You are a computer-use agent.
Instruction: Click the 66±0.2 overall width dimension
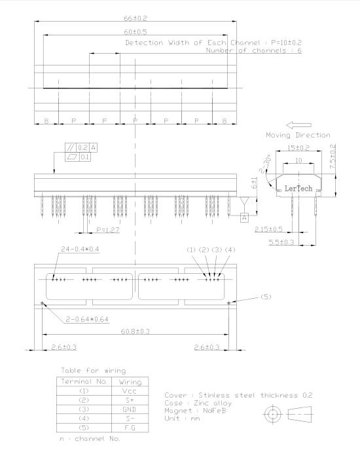pyautogui.click(x=135, y=18)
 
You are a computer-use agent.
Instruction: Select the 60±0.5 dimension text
pyautogui.click(x=135, y=32)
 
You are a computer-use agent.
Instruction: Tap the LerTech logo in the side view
pyautogui.click(x=298, y=189)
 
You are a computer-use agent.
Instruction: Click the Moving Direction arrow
pyautogui.click(x=298, y=125)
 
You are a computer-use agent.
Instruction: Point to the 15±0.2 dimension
pyautogui.click(x=298, y=148)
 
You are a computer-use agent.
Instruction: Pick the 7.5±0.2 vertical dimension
pyautogui.click(x=333, y=157)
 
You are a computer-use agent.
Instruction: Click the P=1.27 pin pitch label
pyautogui.click(x=108, y=230)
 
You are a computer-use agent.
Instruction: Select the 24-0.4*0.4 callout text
pyautogui.click(x=80, y=249)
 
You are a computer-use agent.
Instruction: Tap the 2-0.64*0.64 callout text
pyautogui.click(x=87, y=319)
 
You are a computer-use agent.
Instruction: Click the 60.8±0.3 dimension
pyautogui.click(x=135, y=331)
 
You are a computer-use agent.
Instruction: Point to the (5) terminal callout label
pyautogui.click(x=266, y=297)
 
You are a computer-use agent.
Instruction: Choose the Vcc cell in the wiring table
pyautogui.click(x=130, y=391)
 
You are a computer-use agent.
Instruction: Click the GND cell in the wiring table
pyautogui.click(x=130, y=409)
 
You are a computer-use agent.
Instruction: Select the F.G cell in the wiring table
pyautogui.click(x=130, y=428)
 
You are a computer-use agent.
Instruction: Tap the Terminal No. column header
pyautogui.click(x=84, y=381)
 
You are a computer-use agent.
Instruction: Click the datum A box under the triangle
pyautogui.click(x=244, y=217)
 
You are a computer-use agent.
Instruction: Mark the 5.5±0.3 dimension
pyautogui.click(x=281, y=242)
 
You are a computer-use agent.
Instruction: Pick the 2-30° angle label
pyautogui.click(x=265, y=164)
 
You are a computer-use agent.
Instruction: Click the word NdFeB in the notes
pyautogui.click(x=215, y=411)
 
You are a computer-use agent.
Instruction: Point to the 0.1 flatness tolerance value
pyautogui.click(x=85, y=157)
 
